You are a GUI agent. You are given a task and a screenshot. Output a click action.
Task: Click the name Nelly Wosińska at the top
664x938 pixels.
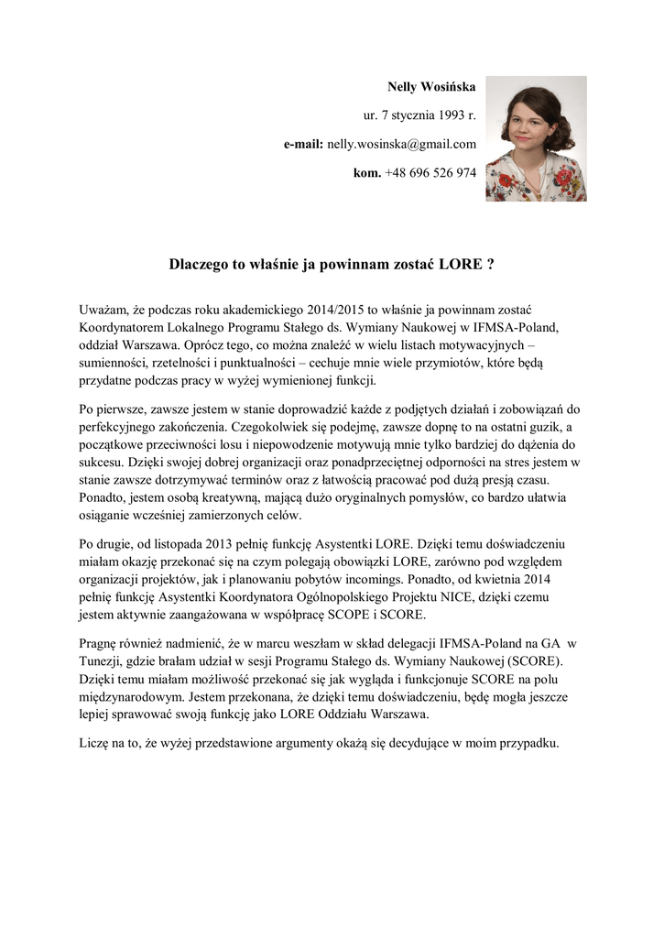[x=432, y=87]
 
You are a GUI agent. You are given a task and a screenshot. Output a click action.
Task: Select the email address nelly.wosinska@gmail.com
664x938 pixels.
[x=402, y=145]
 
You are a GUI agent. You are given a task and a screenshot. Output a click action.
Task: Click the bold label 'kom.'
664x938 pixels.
[x=367, y=173]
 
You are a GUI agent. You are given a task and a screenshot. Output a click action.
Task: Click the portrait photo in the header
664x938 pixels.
[x=536, y=138]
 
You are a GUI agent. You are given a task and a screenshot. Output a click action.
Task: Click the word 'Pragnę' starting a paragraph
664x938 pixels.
[x=101, y=641]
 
